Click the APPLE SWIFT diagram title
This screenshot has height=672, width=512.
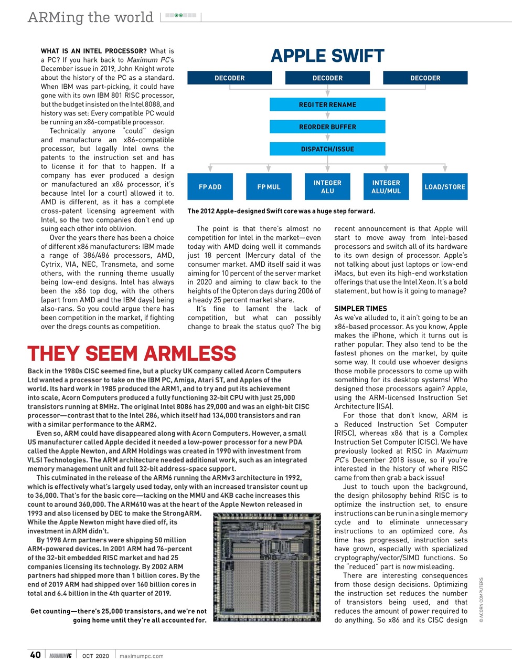coord(327,56)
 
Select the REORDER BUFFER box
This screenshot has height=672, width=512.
coord(327,127)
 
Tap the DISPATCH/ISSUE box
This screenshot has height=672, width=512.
coord(327,149)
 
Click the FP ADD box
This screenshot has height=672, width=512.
coord(210,187)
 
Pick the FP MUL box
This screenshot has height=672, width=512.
coord(269,187)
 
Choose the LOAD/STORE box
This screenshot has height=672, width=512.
coord(445,187)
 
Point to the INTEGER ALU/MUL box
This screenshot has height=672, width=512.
coord(386,187)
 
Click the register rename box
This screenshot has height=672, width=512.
coord(327,105)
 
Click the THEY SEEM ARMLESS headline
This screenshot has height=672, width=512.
coord(132,354)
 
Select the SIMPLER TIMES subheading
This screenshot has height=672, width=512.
coord(360,309)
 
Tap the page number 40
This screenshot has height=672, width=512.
coord(35,655)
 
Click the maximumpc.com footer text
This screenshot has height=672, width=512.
coord(142,656)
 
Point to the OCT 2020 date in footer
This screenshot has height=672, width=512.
coord(95,656)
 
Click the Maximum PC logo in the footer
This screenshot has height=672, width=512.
coord(61,656)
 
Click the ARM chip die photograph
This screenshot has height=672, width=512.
coord(267,567)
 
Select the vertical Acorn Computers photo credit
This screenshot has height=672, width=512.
coord(481,600)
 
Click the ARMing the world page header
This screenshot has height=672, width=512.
coord(90,17)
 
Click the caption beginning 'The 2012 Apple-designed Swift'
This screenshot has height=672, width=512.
coord(281,211)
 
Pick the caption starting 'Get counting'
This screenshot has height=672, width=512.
coord(119,615)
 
